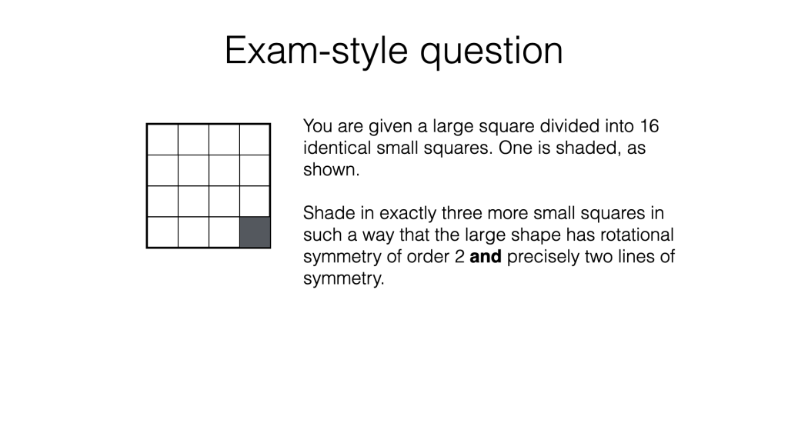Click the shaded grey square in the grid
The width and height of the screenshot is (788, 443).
[x=255, y=232]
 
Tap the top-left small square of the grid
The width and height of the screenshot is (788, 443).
[x=162, y=139]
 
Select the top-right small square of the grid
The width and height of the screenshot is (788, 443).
[x=255, y=139]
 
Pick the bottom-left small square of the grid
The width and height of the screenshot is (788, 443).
[x=162, y=232]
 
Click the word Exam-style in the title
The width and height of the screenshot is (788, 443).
[x=317, y=51]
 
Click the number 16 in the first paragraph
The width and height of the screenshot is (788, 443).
[x=648, y=126]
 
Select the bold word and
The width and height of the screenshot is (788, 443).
[x=485, y=256]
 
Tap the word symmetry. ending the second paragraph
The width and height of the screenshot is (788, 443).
[x=343, y=278]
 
